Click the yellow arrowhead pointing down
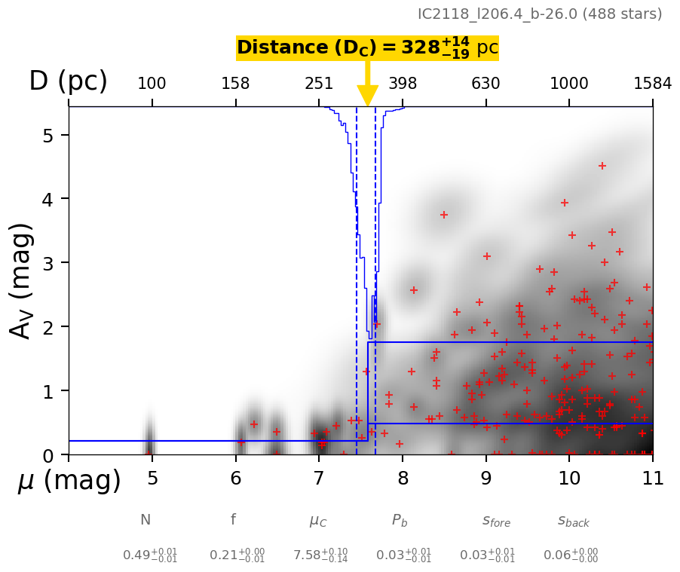point(367,96)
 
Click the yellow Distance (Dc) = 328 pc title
point(367,48)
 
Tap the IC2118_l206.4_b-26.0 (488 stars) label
point(540,14)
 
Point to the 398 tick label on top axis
point(403,84)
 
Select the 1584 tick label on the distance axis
point(652,84)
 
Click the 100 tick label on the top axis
point(152,84)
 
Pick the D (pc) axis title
point(68,81)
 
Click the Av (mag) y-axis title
point(22,280)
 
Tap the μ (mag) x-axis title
point(69,481)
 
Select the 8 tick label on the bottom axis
point(403,479)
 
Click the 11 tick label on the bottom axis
point(652,479)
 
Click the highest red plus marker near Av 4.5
point(602,166)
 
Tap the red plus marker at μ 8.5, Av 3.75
point(444,215)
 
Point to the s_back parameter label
point(573,521)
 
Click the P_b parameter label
point(400,520)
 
